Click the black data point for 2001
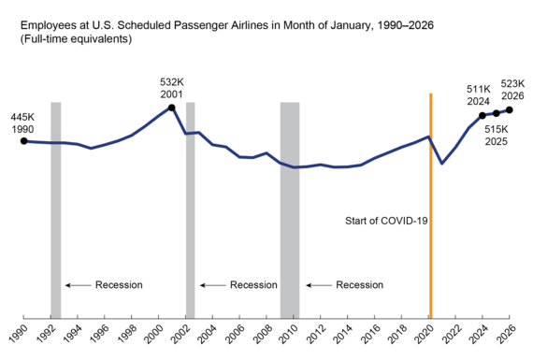[171, 108]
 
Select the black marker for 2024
[483, 115]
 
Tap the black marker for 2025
[497, 113]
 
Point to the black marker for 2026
[510, 109]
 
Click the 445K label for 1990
[22, 117]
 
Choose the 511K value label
[479, 88]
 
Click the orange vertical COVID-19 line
[430, 206]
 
